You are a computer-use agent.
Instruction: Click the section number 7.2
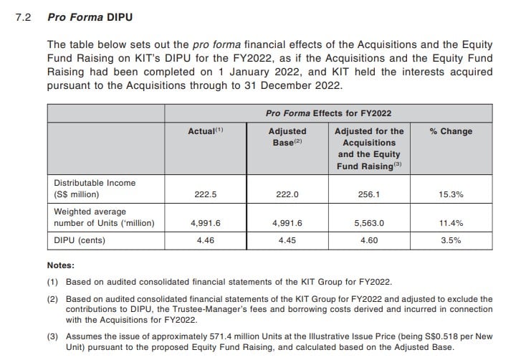pos(23,17)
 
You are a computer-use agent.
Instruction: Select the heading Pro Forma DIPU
pos(90,17)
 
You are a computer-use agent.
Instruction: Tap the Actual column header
pos(206,131)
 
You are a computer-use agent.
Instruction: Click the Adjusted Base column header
pos(287,137)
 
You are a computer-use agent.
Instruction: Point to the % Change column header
pos(451,131)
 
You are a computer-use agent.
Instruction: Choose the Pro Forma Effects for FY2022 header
pos(328,113)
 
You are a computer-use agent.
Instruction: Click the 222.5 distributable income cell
pos(205,194)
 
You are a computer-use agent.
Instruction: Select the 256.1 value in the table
pos(369,194)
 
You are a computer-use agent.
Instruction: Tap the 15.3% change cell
pos(451,194)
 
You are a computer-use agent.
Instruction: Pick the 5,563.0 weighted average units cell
pos(369,223)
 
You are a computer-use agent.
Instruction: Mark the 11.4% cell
pos(451,223)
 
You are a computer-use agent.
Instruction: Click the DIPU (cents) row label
pos(80,240)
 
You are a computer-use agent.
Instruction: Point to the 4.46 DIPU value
pos(205,240)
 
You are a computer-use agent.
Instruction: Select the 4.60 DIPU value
pos(369,240)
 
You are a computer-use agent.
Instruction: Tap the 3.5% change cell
pos(451,240)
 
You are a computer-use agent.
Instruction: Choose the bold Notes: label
pos(61,265)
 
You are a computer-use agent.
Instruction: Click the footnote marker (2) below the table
pos(52,299)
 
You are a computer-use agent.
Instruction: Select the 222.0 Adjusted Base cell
pos(287,194)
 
